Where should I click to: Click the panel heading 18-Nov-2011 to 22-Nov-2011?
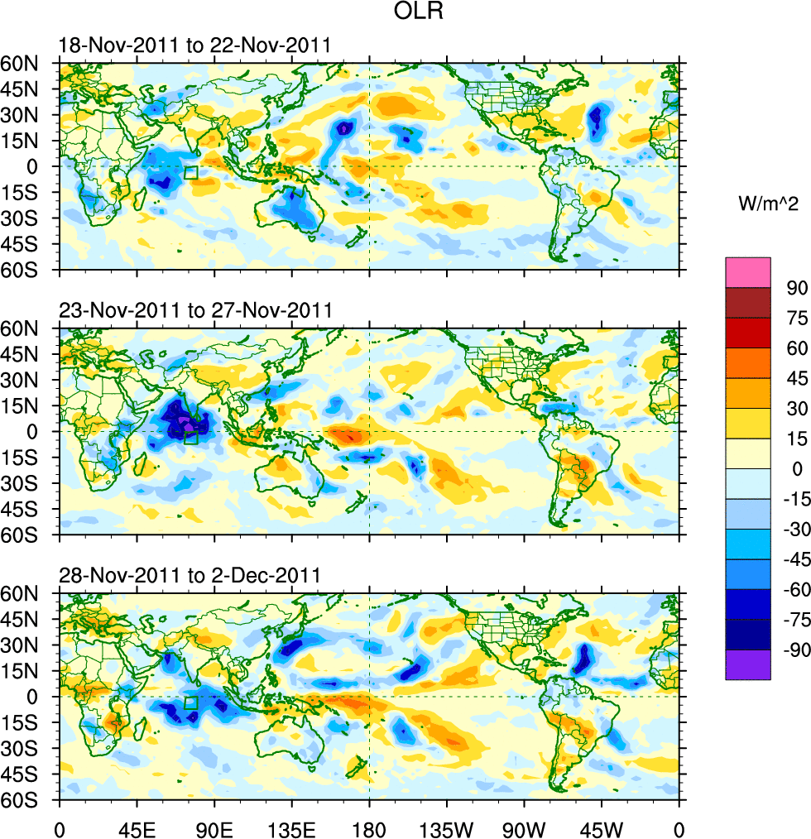(194, 46)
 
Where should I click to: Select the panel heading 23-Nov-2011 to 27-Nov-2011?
(194, 311)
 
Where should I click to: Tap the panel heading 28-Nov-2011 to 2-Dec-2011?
(190, 576)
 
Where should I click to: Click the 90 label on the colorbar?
(797, 287)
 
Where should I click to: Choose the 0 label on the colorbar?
(797, 468)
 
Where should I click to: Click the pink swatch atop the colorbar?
(748, 272)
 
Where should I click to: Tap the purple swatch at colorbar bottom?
(748, 664)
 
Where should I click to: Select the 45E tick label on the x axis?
(137, 827)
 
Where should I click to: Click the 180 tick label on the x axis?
(369, 827)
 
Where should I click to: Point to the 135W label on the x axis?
(446, 827)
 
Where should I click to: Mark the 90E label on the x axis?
(214, 827)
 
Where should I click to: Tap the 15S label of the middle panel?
(37, 458)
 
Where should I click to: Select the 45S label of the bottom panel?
(37, 774)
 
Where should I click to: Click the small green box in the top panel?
(191, 173)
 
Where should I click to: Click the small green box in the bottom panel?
(191, 703)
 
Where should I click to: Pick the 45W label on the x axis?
(601, 827)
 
